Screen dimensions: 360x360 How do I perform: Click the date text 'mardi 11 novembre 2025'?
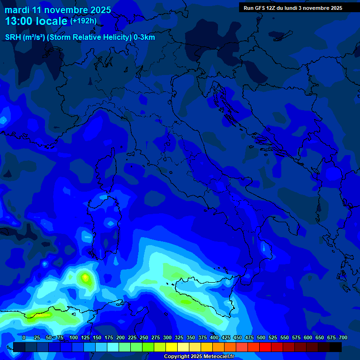[58, 10]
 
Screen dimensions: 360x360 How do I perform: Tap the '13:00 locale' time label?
[36, 21]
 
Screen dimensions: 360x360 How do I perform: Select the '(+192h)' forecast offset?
[83, 21]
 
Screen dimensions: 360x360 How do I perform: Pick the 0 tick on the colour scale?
[24, 337]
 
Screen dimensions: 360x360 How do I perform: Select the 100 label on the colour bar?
[73, 337]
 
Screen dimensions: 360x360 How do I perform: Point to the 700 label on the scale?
[343, 337]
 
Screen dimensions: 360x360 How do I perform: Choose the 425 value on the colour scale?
[226, 337]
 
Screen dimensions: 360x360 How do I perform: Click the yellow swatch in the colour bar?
[172, 347]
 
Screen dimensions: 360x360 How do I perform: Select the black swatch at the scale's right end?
[336, 347]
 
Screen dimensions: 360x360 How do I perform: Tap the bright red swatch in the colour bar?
[265, 347]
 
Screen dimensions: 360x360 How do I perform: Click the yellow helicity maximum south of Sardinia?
[85, 277]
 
